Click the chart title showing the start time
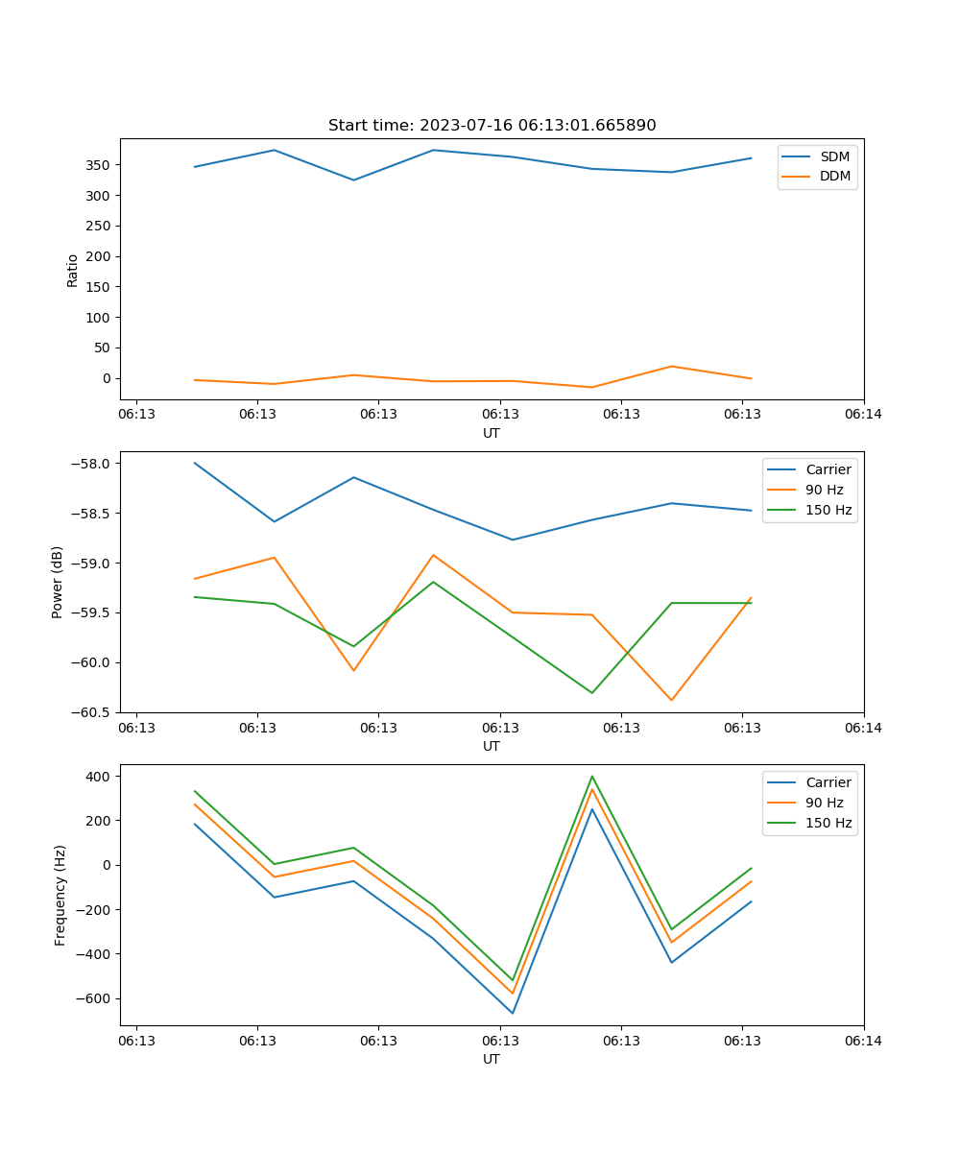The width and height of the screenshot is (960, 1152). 492,126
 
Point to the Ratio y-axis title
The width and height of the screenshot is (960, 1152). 73,270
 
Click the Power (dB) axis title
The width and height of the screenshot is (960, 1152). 58,582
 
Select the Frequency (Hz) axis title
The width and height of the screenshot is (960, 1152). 60,895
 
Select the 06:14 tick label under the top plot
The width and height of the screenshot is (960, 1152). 863,415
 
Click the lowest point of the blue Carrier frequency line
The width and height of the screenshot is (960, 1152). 513,1013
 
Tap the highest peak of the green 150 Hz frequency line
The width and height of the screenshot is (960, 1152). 592,777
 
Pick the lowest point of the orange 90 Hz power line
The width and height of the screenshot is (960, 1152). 671,700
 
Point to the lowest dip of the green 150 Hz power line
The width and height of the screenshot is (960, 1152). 592,693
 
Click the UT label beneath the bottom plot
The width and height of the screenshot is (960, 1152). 492,1059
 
